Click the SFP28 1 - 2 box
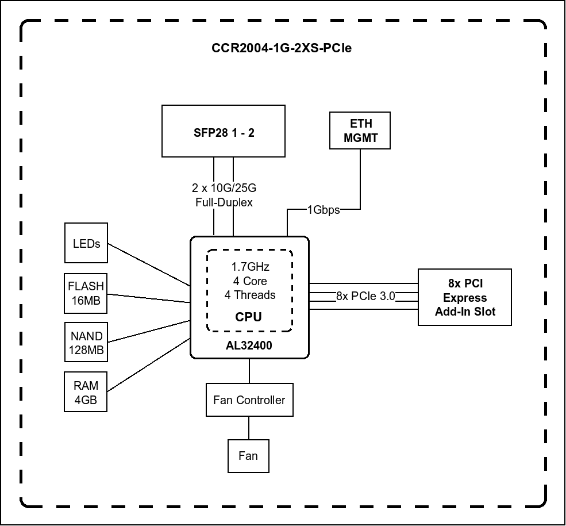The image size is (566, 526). coord(223,131)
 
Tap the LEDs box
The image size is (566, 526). coord(86,244)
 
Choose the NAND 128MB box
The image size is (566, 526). coord(86,343)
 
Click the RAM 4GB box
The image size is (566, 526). coord(86,392)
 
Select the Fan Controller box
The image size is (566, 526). coord(249,400)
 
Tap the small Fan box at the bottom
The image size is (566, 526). coord(248,456)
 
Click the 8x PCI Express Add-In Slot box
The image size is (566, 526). coord(464,298)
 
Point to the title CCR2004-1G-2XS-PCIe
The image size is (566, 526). coord(282,48)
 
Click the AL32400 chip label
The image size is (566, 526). coord(249,346)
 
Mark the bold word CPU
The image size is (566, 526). coord(249,317)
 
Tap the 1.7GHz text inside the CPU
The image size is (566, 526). coord(250,267)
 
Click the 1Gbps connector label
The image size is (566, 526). coord(324,210)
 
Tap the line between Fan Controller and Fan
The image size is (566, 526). coord(249,428)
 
